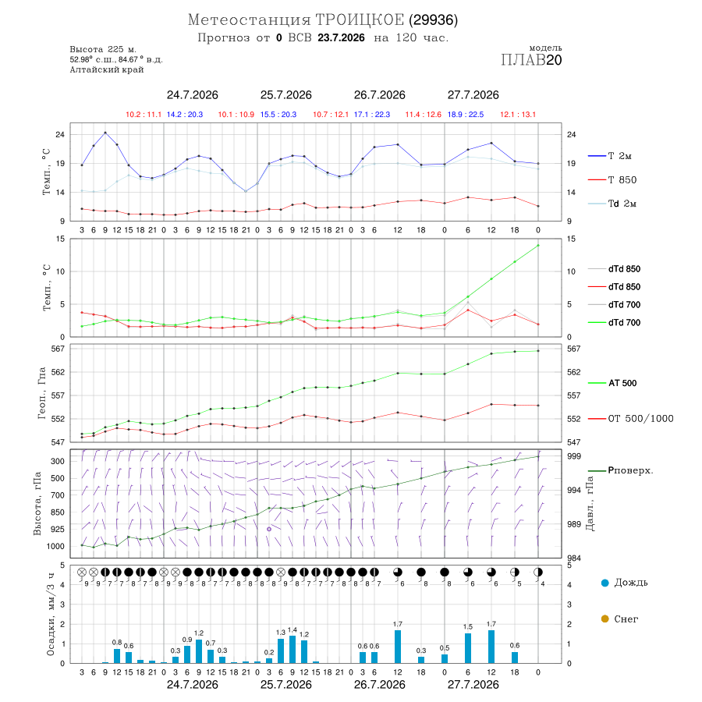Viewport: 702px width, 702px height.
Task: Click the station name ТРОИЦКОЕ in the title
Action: coord(360,19)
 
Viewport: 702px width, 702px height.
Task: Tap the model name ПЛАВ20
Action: coord(531,59)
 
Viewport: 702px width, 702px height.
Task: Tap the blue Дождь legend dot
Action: coord(604,583)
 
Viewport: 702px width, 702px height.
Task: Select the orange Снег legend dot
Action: coord(604,619)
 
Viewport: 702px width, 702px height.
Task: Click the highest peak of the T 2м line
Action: coord(105,133)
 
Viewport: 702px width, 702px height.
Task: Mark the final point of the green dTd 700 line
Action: coord(538,246)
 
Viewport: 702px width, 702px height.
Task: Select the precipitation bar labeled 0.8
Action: coord(117,656)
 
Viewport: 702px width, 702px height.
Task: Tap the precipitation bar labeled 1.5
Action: coord(468,648)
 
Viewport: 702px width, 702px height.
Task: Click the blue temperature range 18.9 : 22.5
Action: coord(466,115)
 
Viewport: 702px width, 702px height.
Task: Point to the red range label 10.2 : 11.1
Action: coord(144,115)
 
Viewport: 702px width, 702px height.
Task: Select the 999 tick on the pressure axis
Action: coord(573,456)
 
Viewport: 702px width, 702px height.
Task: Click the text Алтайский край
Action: coord(107,69)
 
